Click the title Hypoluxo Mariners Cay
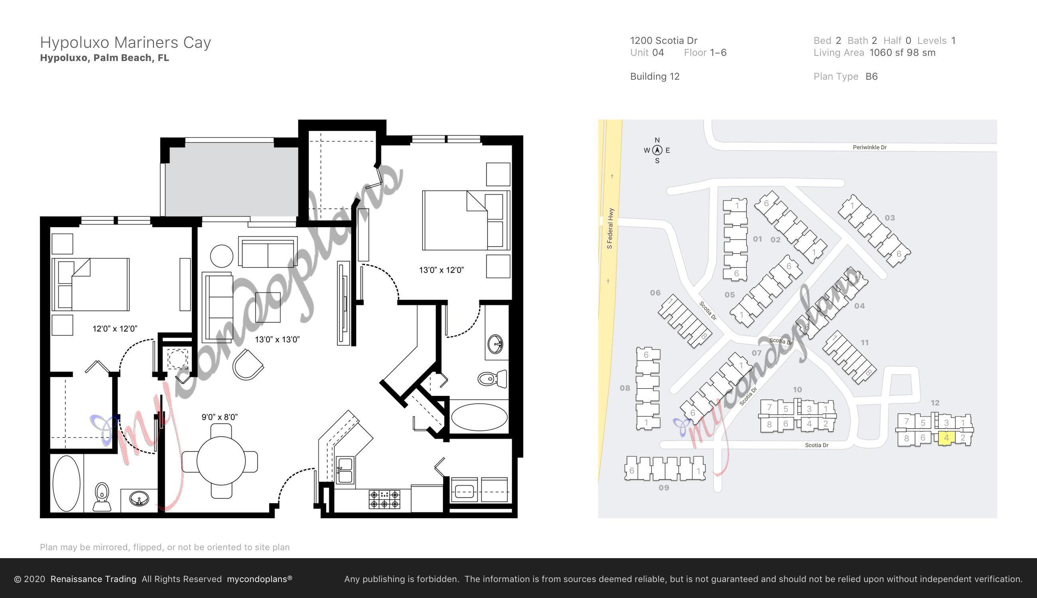(x=125, y=42)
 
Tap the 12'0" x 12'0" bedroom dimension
(x=114, y=329)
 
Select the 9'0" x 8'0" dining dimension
(x=219, y=417)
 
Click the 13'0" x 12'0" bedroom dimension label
(x=441, y=270)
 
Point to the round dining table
(x=221, y=461)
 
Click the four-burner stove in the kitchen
(x=384, y=500)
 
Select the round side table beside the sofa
(x=221, y=256)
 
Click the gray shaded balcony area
(x=231, y=181)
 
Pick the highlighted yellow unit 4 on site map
(x=946, y=438)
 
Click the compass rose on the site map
(x=657, y=150)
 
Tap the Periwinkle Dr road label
(x=869, y=147)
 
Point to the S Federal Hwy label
(x=610, y=228)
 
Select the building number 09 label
(x=664, y=488)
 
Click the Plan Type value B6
(x=871, y=77)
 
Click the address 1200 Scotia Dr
(x=664, y=41)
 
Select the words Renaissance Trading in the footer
(x=93, y=579)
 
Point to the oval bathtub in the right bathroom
(x=479, y=417)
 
